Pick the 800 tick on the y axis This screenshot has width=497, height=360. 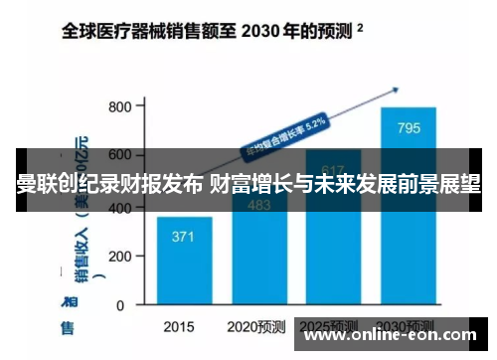(x=120, y=106)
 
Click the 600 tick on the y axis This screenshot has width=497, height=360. (x=120, y=156)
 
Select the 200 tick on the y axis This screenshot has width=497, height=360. (x=120, y=256)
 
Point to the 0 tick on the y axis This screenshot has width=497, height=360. (x=128, y=305)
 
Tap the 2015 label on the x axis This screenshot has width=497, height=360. (x=180, y=326)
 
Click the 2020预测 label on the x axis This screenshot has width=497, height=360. (x=255, y=326)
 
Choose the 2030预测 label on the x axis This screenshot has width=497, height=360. (x=407, y=326)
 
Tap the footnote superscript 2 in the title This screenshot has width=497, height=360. (x=359, y=29)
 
